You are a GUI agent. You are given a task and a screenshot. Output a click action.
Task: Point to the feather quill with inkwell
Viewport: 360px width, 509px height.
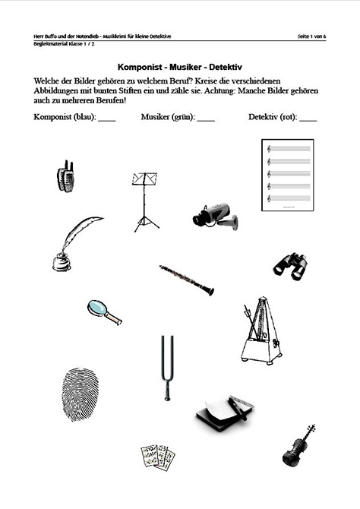pyautogui.click(x=74, y=242)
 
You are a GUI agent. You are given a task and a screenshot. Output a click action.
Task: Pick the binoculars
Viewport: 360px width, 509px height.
pyautogui.click(x=290, y=265)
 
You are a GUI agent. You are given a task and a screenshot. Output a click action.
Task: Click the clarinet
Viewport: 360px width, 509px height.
pyautogui.click(x=186, y=280)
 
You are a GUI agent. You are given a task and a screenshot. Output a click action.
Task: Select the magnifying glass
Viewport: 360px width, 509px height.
pyautogui.click(x=103, y=311)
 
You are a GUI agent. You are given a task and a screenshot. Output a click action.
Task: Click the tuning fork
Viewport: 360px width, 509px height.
pyautogui.click(x=166, y=367)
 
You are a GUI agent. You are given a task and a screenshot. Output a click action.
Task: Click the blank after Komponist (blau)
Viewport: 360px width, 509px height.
pyautogui.click(x=106, y=119)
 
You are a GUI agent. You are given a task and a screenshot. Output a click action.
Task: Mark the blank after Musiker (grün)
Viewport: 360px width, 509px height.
pyautogui.click(x=205, y=119)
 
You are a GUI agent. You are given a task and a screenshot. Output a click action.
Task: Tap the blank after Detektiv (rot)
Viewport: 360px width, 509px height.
pyautogui.click(x=308, y=119)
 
